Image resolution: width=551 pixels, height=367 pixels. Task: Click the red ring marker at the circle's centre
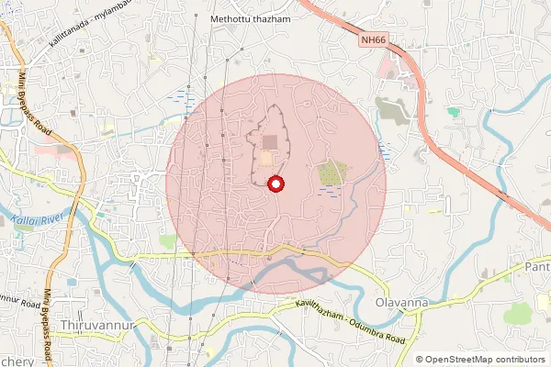[275, 184]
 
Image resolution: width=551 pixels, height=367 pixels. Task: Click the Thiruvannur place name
[96, 326]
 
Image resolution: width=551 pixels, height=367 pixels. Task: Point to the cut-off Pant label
[538, 266]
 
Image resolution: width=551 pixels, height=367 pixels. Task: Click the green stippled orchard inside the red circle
[332, 172]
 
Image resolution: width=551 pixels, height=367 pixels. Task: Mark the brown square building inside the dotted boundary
[269, 141]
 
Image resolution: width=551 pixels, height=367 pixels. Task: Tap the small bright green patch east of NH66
[453, 112]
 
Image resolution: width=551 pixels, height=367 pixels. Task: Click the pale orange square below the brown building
[266, 160]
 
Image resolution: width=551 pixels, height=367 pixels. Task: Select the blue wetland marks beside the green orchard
[330, 191]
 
